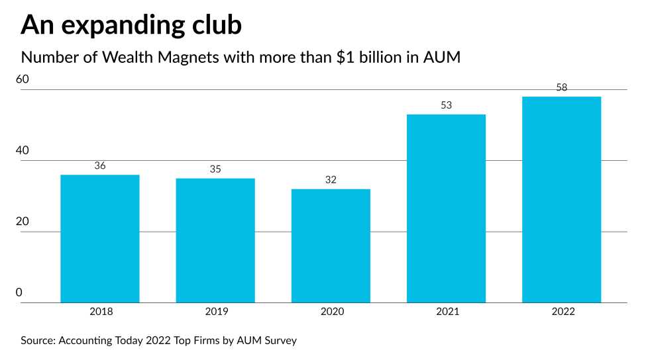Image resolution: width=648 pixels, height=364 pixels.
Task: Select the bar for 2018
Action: (x=99, y=239)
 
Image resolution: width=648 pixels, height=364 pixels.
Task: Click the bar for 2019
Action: (x=215, y=241)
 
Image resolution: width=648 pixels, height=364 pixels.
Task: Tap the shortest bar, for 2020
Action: (x=331, y=246)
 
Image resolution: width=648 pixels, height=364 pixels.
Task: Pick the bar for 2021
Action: (x=446, y=208)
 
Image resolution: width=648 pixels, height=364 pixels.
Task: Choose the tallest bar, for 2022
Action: (x=561, y=200)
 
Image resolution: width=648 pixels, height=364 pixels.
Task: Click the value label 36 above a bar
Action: (x=100, y=165)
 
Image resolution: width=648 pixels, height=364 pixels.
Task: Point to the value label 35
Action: (x=215, y=169)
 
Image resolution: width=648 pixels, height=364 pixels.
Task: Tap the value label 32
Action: (x=331, y=180)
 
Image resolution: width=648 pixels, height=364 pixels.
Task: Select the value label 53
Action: (x=446, y=105)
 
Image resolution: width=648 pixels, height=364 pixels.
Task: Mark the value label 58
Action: (x=562, y=87)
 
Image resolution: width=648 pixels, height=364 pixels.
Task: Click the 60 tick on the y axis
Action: (x=23, y=79)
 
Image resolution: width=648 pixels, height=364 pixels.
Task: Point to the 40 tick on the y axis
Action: (x=23, y=151)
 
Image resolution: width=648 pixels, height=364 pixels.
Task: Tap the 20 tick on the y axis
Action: (x=23, y=222)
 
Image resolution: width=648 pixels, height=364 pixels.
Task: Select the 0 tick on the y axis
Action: (x=19, y=293)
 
